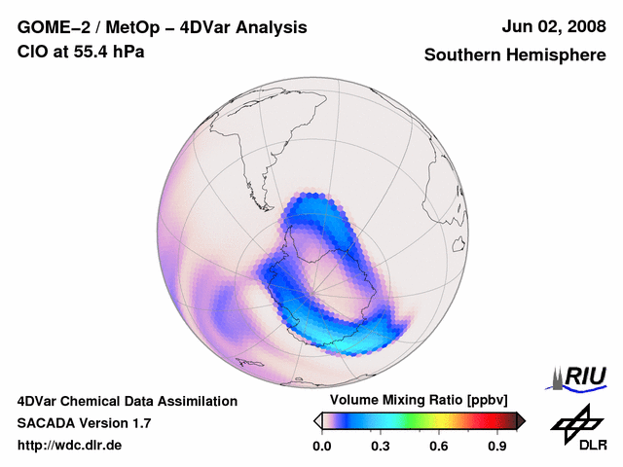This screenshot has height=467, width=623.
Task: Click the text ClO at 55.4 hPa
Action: [x=81, y=52]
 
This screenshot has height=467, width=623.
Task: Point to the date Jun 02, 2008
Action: [x=552, y=27]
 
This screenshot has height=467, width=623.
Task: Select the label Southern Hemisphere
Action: [x=514, y=55]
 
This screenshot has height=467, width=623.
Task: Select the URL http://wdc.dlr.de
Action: [x=70, y=446]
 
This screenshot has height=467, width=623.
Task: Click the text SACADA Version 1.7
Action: [x=84, y=423]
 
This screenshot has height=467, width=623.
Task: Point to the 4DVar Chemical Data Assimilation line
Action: [x=127, y=401]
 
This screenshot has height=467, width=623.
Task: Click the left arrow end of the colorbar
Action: [x=317, y=420]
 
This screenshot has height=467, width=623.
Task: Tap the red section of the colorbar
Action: [x=482, y=420]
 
